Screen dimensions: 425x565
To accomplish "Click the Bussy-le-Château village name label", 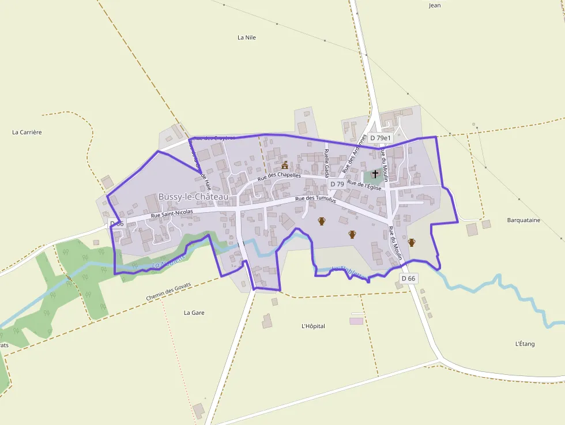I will coord(193,197).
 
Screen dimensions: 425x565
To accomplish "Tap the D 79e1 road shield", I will coord(381,138).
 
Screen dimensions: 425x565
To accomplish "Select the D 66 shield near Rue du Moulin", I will coord(408,279).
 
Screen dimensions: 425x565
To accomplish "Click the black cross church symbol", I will coord(375,174).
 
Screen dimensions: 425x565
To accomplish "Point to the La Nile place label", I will coord(246,37).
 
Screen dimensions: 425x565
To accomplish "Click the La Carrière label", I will coord(27,132).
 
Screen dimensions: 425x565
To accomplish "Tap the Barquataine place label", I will coord(523,220).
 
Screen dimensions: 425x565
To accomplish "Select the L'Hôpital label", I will coord(313,326).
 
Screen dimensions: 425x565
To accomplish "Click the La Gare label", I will coord(194,313).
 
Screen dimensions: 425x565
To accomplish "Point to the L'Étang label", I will coord(525,344).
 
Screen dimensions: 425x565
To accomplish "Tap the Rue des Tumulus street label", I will coord(315,199).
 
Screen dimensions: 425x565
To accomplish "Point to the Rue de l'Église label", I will coord(364,185).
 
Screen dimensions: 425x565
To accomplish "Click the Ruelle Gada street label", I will coord(326,163).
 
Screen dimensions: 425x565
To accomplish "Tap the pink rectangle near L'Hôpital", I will coord(356,321).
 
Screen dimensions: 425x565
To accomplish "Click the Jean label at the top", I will coord(435,6).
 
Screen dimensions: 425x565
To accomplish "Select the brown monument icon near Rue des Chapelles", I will coord(284,166).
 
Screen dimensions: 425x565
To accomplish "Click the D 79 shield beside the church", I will coord(337,184).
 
